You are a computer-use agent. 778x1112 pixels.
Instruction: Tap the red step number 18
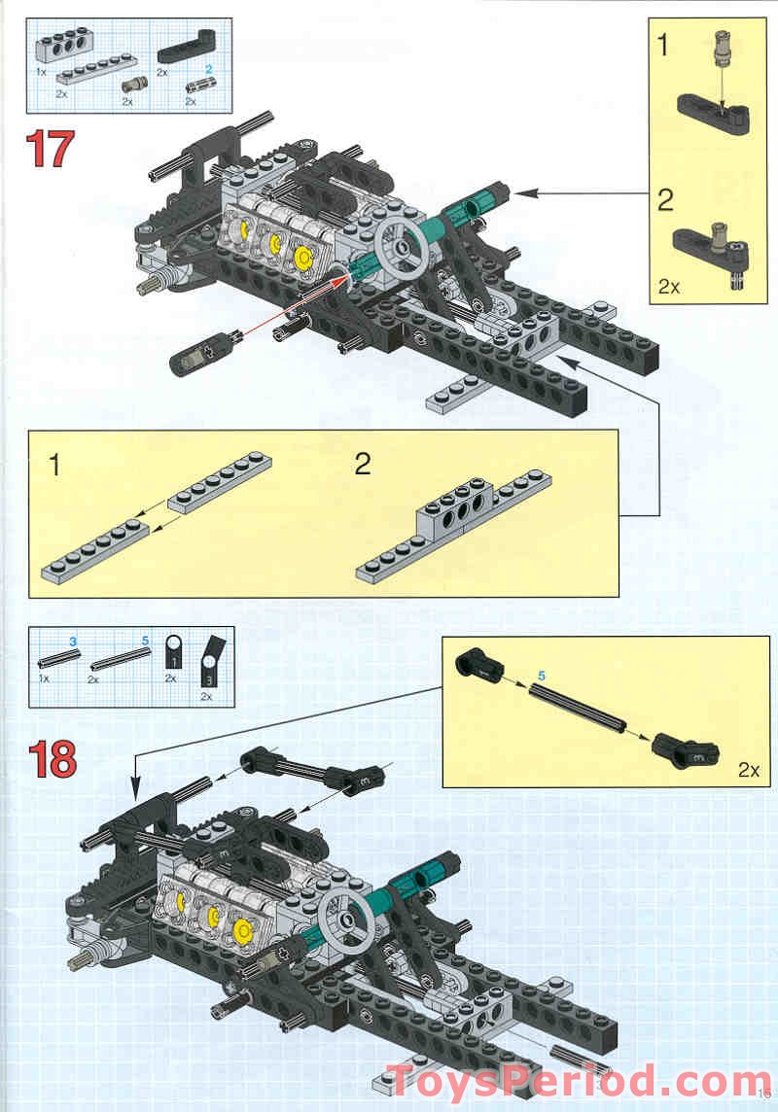(51, 759)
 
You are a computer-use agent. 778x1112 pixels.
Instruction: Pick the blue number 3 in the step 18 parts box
(72, 642)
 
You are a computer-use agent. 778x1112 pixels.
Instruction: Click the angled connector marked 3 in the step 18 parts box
(211, 660)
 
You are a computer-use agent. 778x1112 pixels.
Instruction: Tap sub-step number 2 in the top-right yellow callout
(664, 200)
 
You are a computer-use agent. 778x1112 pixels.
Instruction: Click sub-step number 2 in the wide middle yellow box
(363, 464)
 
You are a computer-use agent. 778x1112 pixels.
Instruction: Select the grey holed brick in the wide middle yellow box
(453, 506)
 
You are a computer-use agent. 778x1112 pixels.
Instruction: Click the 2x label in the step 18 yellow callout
(747, 770)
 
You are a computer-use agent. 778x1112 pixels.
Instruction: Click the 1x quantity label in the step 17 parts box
(42, 73)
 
